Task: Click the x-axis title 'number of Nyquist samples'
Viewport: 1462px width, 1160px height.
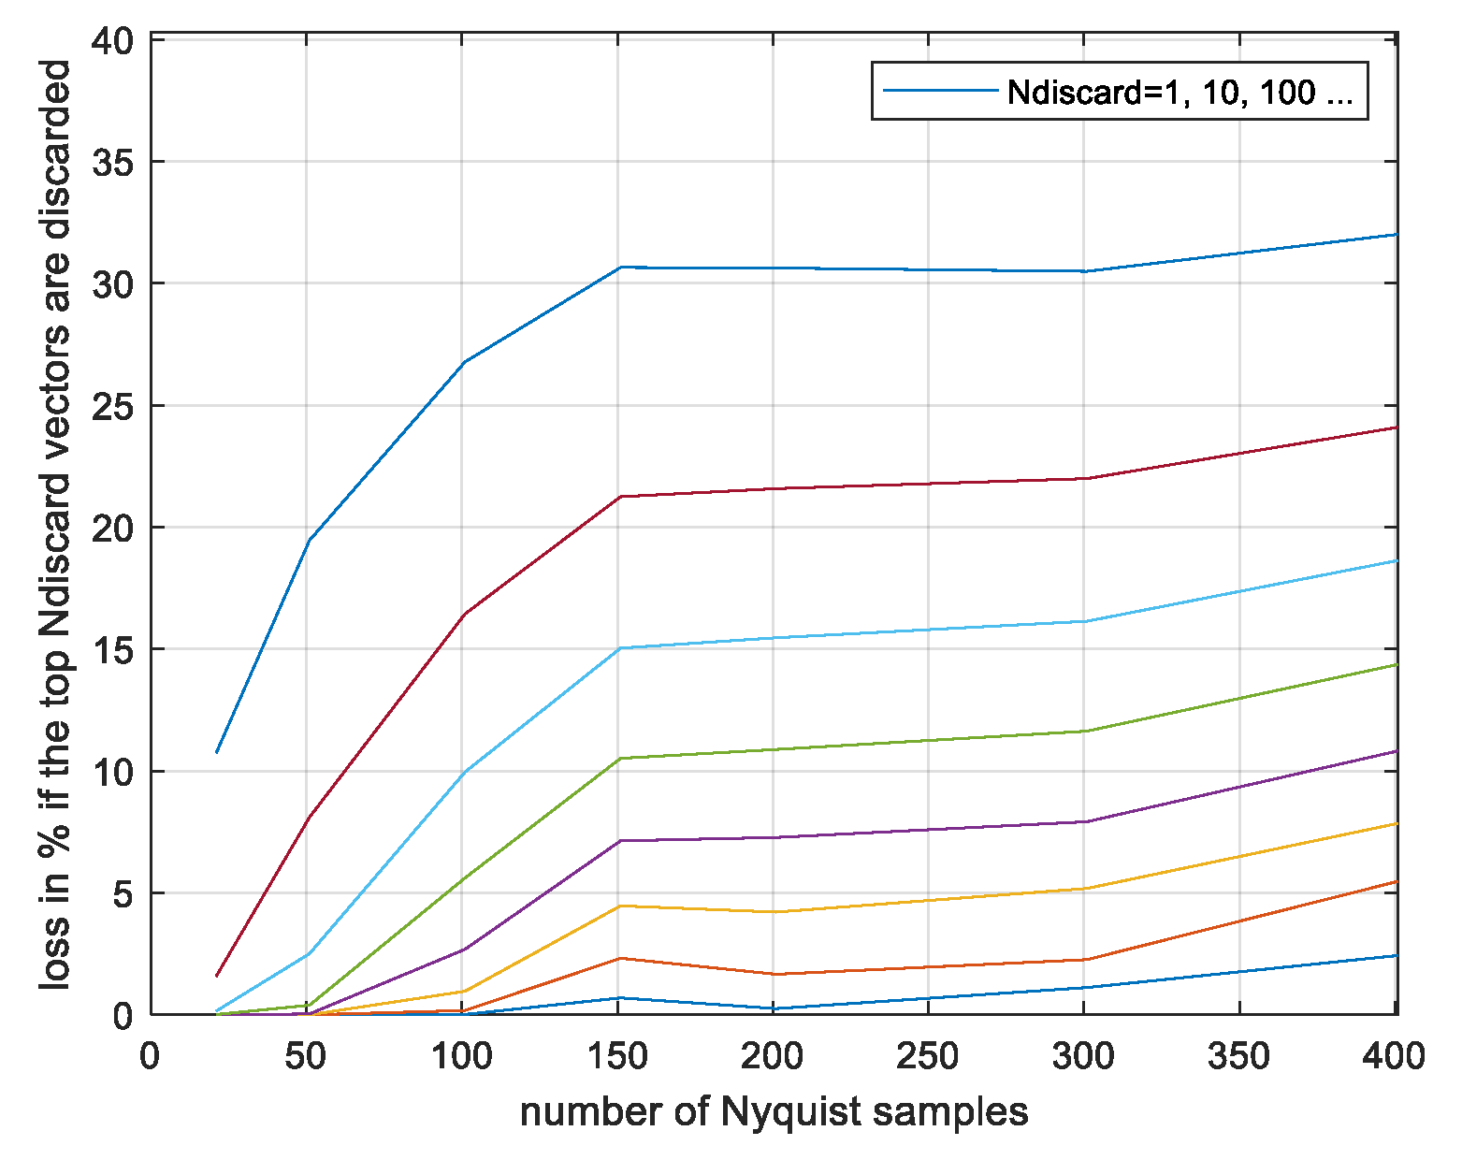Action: point(774,1112)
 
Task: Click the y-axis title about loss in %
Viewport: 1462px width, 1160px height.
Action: point(56,524)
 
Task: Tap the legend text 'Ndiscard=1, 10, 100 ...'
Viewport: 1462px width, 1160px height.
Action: point(1180,92)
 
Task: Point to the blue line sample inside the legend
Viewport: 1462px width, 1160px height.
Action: point(940,91)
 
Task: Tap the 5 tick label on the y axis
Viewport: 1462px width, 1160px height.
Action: point(123,893)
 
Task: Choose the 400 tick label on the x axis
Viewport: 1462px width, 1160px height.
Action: point(1394,1056)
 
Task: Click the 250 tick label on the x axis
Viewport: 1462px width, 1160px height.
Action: point(927,1056)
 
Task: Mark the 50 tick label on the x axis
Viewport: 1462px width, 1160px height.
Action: point(305,1056)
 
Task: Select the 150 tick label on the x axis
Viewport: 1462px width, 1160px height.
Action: point(617,1056)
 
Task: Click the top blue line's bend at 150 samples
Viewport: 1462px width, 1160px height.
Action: point(619,268)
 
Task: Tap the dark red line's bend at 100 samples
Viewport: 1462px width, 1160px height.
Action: point(464,614)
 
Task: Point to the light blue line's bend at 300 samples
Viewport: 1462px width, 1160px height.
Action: point(1084,621)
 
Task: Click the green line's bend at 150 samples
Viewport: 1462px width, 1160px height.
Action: point(619,759)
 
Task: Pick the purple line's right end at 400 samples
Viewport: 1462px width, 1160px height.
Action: point(1396,751)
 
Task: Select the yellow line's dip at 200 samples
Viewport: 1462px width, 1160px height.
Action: point(774,912)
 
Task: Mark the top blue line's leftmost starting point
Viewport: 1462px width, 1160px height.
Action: point(217,752)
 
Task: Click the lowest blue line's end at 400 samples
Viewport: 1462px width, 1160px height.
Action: point(1396,955)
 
